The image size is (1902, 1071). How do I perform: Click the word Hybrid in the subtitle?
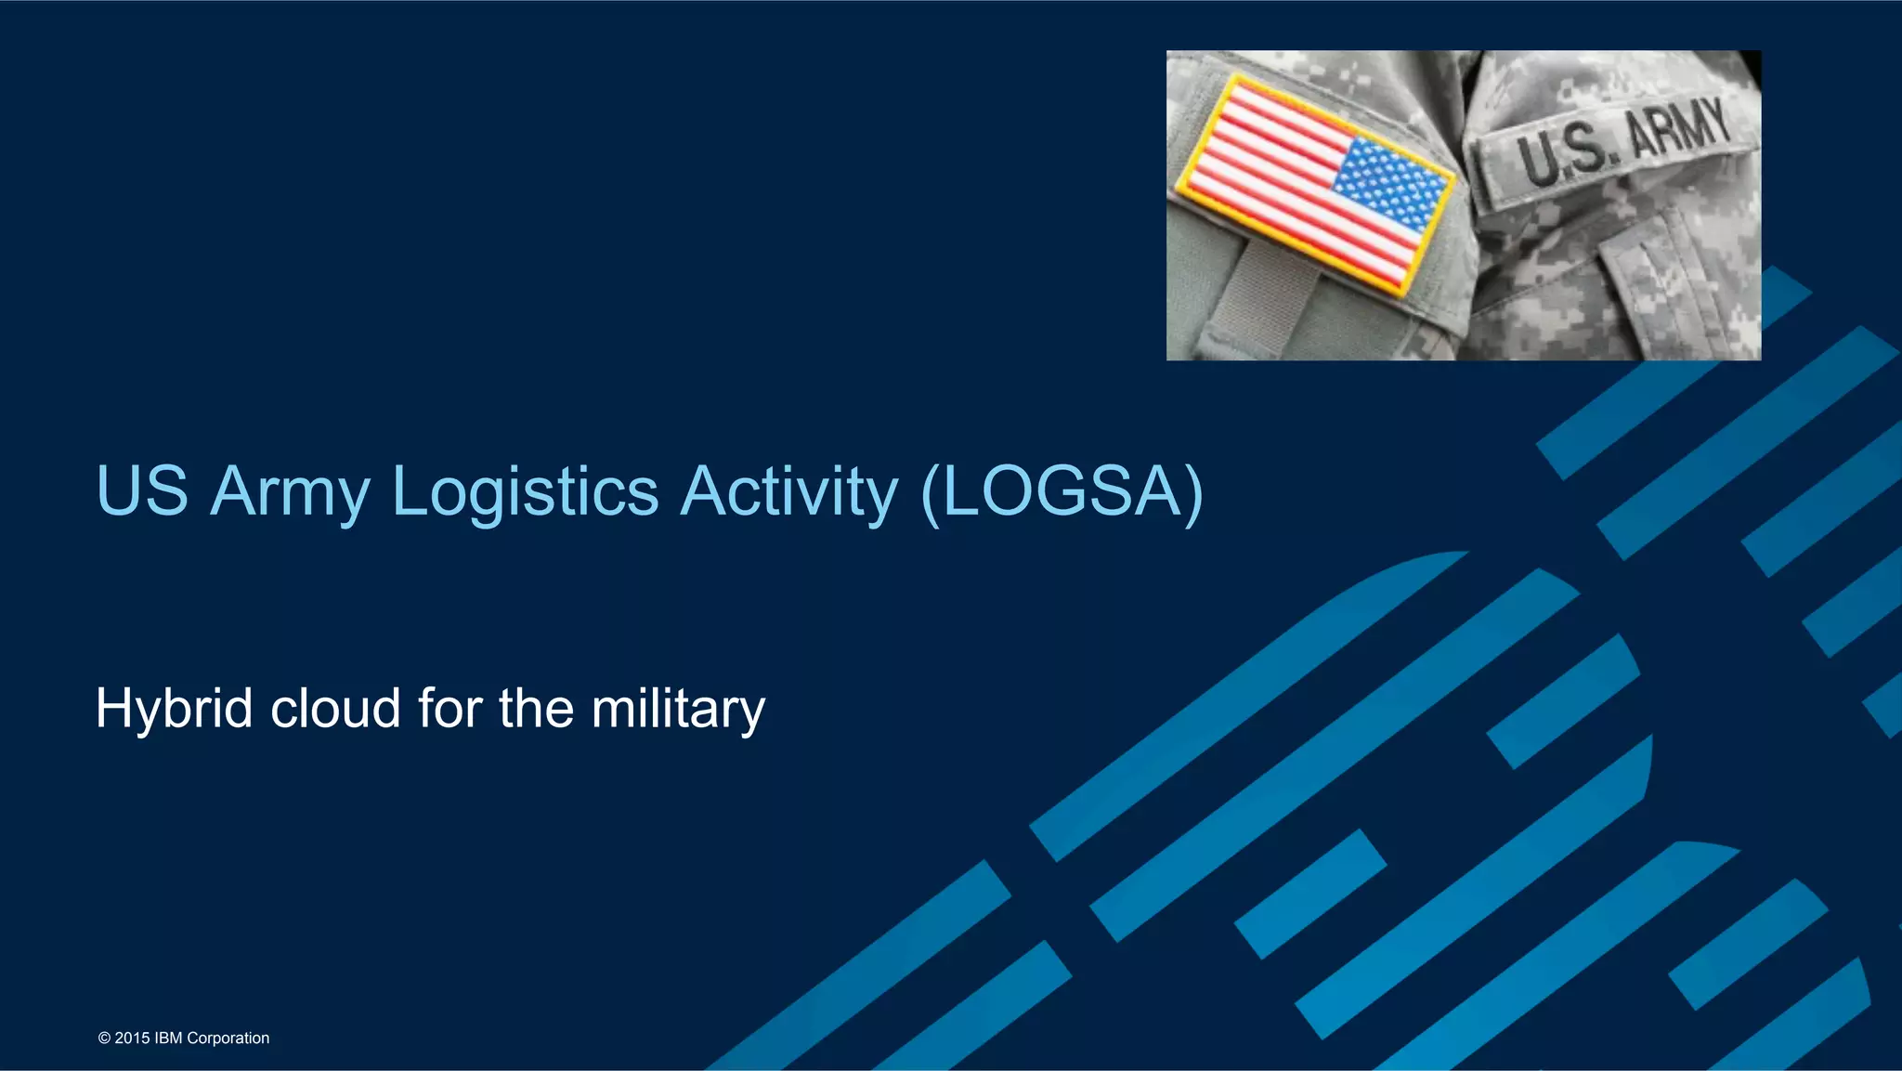point(174,709)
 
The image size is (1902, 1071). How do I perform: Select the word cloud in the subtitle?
point(335,709)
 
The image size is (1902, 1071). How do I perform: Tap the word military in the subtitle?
point(678,709)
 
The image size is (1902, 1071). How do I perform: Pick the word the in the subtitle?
point(536,709)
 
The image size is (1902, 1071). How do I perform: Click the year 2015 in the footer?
point(132,1038)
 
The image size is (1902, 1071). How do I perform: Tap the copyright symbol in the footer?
point(104,1038)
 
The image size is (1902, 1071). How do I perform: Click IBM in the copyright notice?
point(168,1038)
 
